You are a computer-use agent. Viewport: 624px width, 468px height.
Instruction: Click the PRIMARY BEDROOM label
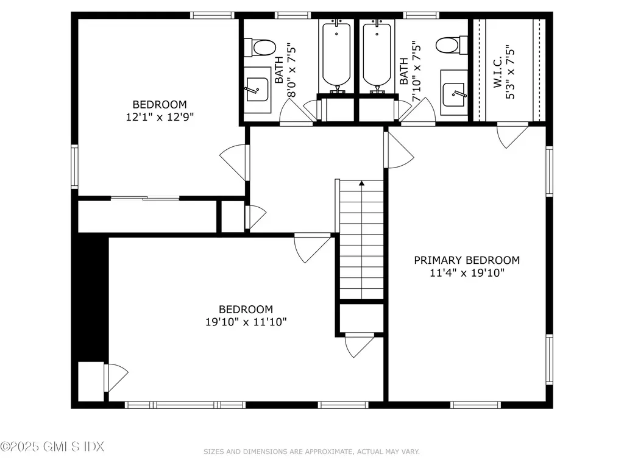tap(467, 260)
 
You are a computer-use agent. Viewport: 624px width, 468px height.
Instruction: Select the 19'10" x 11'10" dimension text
tap(246, 322)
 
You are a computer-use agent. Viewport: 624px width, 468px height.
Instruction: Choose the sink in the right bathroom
tap(454, 91)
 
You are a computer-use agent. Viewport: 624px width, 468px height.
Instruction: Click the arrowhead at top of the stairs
tap(361, 182)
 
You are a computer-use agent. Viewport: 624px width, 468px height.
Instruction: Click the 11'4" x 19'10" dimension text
tap(467, 273)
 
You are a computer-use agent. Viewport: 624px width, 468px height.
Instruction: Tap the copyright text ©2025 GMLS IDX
tap(52, 447)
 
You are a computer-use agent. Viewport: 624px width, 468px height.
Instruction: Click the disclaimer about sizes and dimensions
tap(311, 452)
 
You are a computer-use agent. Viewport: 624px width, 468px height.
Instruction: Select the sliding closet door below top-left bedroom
tap(145, 197)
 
